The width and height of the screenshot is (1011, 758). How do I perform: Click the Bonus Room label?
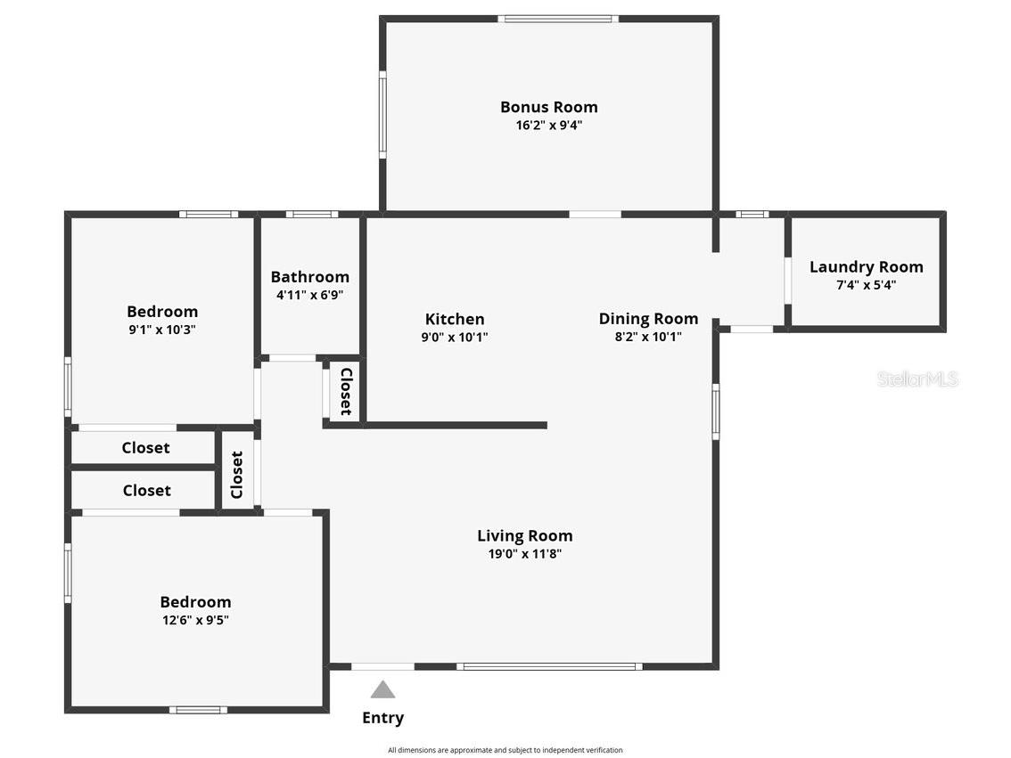(548, 107)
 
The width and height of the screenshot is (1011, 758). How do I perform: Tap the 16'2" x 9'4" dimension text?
(548, 125)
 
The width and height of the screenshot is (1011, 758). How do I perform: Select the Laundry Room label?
(866, 266)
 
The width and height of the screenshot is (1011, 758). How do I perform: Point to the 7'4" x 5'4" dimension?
(866, 285)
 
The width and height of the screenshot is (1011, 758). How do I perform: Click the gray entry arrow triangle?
(382, 689)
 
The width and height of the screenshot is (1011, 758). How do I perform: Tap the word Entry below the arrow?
(383, 718)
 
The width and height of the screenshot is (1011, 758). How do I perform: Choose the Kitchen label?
(455, 319)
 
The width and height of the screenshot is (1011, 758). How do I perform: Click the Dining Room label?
(648, 319)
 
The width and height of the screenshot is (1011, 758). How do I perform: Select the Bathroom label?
(310, 277)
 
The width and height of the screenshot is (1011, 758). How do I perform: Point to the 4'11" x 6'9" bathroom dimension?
(310, 295)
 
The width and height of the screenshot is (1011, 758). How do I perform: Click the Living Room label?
(525, 536)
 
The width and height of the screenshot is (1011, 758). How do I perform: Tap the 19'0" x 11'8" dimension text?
(525, 554)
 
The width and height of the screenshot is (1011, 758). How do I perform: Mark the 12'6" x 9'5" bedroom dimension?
(195, 620)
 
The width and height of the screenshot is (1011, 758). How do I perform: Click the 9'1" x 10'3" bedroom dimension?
(162, 330)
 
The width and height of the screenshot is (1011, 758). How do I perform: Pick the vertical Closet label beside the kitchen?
(346, 392)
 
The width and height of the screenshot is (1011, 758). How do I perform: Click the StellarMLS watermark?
(917, 379)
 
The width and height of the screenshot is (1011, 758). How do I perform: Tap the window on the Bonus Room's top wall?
(558, 20)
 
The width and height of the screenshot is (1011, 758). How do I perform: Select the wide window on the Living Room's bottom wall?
(549, 666)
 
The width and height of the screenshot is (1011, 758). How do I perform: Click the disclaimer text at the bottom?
(505, 750)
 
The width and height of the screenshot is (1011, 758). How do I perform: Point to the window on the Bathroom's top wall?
(312, 215)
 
